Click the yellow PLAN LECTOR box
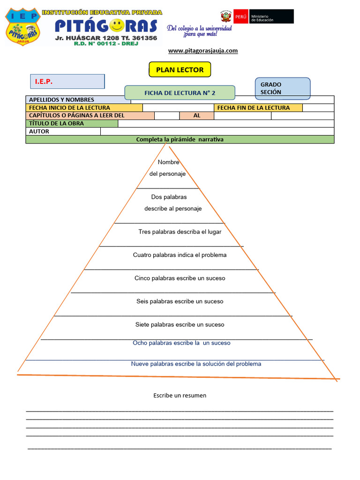(x=180, y=70)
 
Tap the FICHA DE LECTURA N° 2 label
(x=180, y=93)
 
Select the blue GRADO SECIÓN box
(x=282, y=88)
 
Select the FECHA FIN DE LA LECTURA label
(x=254, y=108)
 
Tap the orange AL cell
(x=197, y=115)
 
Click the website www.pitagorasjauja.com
(x=202, y=51)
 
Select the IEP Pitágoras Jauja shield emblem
(x=22, y=27)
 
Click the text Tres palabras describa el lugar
(x=180, y=232)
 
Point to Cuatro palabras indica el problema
(x=180, y=255)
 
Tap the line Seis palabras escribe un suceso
(x=180, y=301)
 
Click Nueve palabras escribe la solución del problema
(x=196, y=364)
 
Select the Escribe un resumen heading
(x=180, y=396)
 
